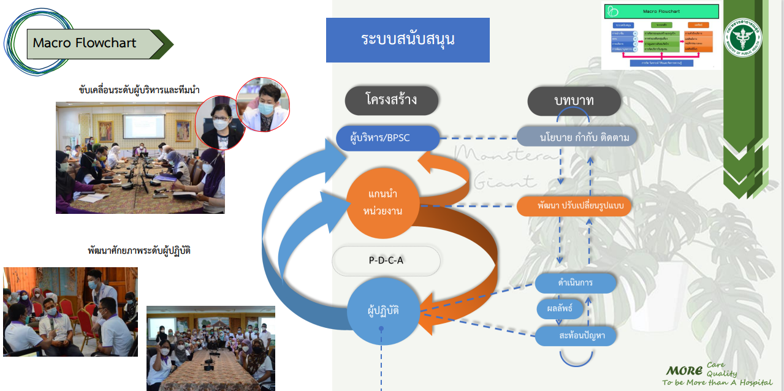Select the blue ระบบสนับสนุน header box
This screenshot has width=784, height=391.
click(x=408, y=40)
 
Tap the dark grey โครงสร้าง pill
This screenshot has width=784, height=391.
click(x=391, y=99)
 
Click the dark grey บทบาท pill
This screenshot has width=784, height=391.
click(x=573, y=100)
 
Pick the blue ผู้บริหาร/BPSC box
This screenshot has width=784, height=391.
click(x=388, y=138)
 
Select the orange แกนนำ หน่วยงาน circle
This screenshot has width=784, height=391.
click(x=385, y=203)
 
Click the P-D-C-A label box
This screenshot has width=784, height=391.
click(x=386, y=260)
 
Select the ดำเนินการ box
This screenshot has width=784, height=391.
click(x=575, y=283)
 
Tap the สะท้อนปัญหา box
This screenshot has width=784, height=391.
click(x=575, y=336)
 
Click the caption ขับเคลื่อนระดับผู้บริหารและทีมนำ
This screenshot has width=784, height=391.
click(x=140, y=90)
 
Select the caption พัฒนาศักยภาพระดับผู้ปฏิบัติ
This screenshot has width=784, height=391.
click(x=139, y=251)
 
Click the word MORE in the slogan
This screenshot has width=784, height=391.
click(x=684, y=370)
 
